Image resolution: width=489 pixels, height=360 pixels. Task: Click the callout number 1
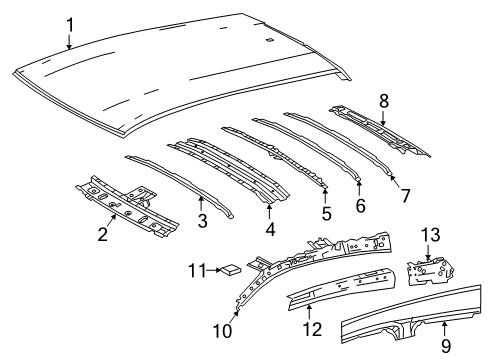tap(69, 23)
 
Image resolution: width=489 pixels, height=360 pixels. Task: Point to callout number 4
tap(270, 241)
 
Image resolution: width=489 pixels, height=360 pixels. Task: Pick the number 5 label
tap(325, 212)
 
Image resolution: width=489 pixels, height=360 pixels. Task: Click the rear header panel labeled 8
tap(380, 126)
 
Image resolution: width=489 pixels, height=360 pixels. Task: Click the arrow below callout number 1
tap(69, 42)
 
